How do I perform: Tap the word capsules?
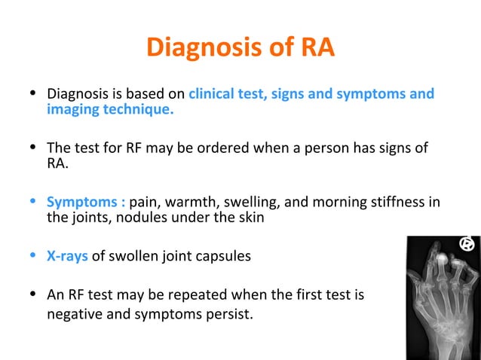pos(222,256)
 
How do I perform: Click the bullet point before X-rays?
pos(32,255)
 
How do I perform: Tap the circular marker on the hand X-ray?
pos(467,244)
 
